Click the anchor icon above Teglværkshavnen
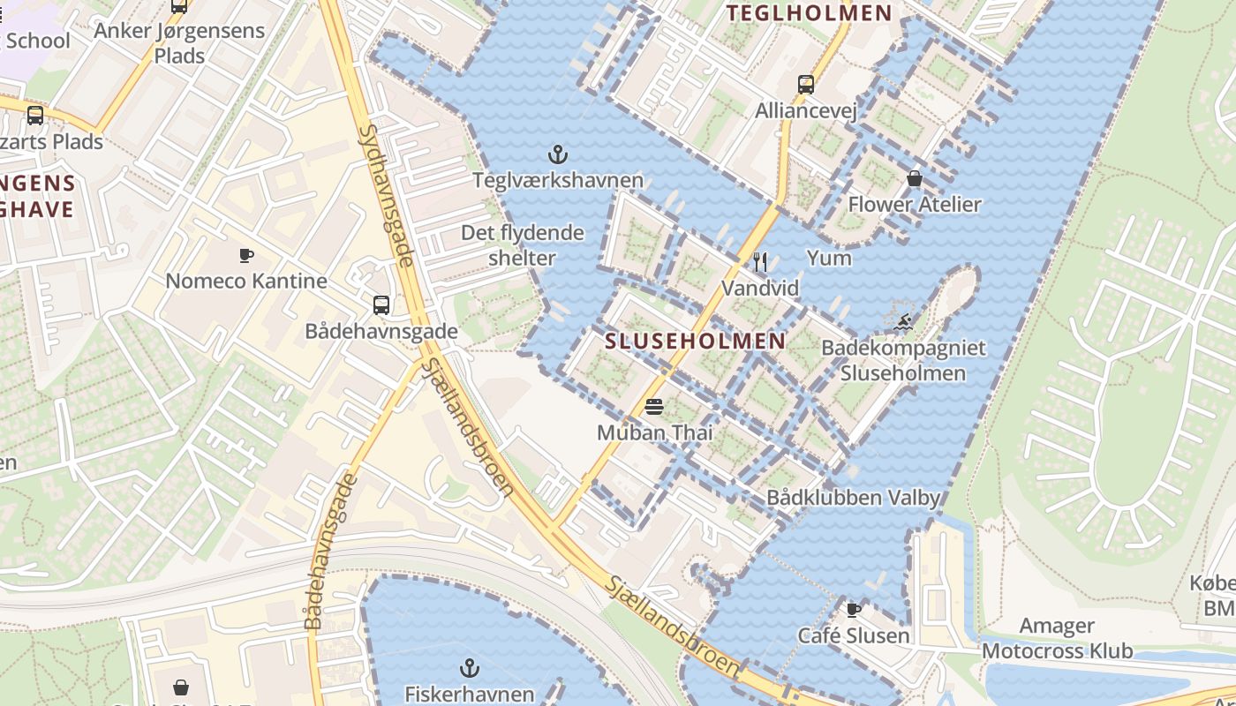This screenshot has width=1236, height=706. (x=557, y=155)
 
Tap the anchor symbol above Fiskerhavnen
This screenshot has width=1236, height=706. (x=470, y=668)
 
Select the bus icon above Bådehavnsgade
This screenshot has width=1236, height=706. (x=381, y=305)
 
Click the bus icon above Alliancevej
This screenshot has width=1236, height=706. (x=805, y=85)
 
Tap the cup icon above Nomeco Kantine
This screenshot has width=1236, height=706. (x=246, y=256)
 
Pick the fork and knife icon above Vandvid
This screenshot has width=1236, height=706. (x=760, y=262)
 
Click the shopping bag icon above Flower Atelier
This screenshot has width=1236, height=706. (x=914, y=179)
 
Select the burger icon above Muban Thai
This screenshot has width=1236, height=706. (x=654, y=407)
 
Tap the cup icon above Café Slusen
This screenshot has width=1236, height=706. (x=853, y=610)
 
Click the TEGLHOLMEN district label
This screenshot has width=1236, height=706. (x=808, y=12)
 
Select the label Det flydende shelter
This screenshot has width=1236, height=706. (x=523, y=245)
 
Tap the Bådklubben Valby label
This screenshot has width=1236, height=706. (x=853, y=498)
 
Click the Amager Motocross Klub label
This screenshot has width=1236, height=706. (x=1057, y=639)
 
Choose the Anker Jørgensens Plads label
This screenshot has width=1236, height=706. (x=179, y=42)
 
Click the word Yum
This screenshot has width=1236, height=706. (x=829, y=258)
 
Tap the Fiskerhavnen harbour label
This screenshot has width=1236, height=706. (x=470, y=694)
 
